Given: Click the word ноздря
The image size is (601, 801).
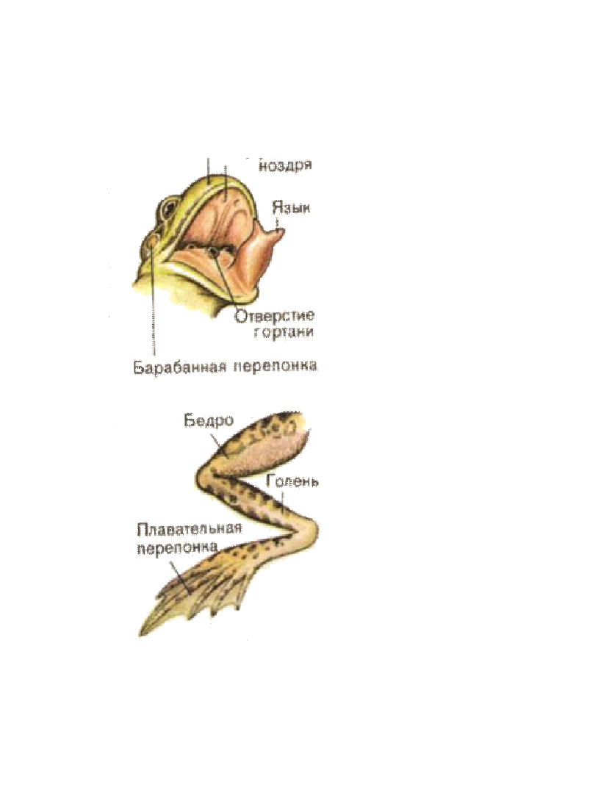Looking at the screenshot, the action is [286, 165].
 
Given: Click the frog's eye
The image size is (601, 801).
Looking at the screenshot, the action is [171, 206].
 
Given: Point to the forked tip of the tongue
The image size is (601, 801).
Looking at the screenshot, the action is [280, 234].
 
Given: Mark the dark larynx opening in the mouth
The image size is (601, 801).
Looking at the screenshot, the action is [214, 254].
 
